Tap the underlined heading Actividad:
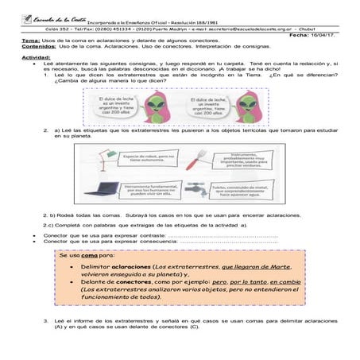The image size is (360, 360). click(35, 57)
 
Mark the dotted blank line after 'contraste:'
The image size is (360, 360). click(223, 237)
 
